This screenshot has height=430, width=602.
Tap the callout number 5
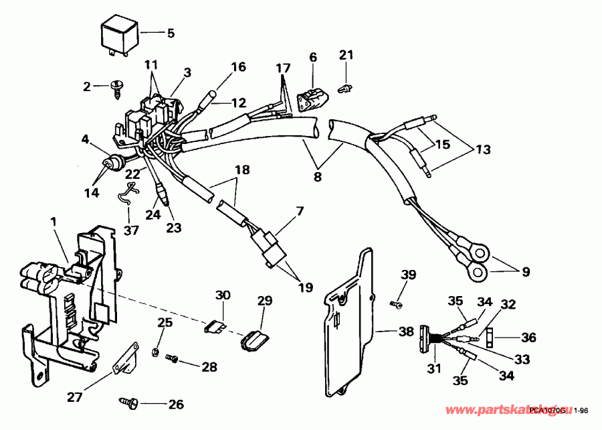click(x=170, y=32)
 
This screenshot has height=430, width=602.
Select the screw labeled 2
click(x=116, y=86)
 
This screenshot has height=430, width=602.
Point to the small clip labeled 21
click(x=346, y=86)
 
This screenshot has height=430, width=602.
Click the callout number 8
click(x=317, y=177)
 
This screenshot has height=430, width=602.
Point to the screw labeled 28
click(x=172, y=360)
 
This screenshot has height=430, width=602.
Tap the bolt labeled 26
click(x=129, y=403)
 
